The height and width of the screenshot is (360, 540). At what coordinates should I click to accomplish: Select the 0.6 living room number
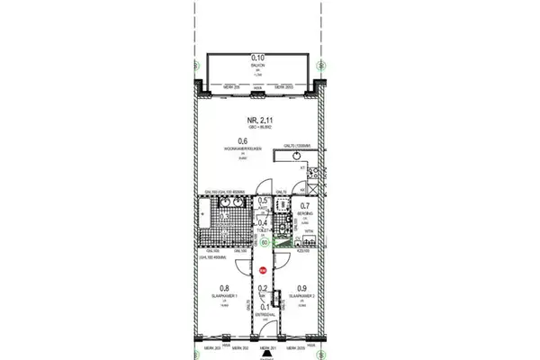coord(243,139)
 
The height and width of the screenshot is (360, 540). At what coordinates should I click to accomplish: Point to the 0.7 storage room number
coord(304,206)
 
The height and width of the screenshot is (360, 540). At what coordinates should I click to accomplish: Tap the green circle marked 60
coord(265,240)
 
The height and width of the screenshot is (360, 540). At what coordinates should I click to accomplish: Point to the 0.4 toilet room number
coord(263,222)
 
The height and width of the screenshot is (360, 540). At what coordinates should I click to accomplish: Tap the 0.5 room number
coord(263,201)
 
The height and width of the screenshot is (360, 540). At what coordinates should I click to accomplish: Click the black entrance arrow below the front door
coord(265,354)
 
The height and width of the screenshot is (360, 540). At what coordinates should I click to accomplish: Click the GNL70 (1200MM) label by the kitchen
coord(293,145)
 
